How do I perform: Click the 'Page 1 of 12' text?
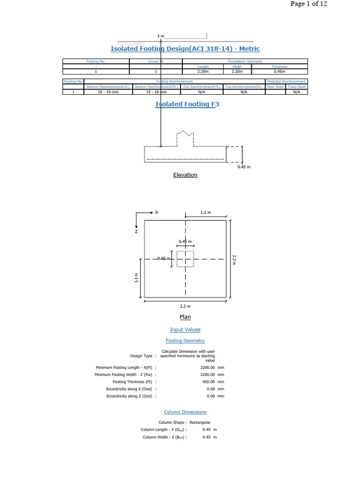click(x=308, y=4)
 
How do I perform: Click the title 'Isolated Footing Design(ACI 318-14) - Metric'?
click(x=185, y=49)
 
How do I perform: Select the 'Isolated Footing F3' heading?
click(x=187, y=104)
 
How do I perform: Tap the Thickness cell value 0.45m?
click(x=280, y=72)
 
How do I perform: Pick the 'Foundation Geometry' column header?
click(x=245, y=61)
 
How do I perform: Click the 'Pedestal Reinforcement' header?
click(x=286, y=82)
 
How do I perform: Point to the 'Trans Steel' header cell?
click(x=296, y=87)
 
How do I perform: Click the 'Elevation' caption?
click(x=185, y=175)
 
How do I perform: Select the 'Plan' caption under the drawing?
click(x=185, y=317)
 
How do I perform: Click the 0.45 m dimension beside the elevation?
click(x=244, y=167)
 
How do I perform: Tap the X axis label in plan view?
click(x=157, y=212)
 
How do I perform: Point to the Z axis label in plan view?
click(x=136, y=231)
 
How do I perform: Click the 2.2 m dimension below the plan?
click(x=185, y=306)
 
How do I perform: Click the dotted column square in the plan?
click(x=185, y=259)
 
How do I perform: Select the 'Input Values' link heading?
click(x=185, y=330)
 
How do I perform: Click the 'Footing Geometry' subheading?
click(x=185, y=341)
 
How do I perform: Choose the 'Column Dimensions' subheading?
click(x=185, y=412)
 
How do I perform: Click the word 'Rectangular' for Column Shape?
click(x=200, y=422)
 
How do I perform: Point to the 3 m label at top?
click(x=160, y=36)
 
